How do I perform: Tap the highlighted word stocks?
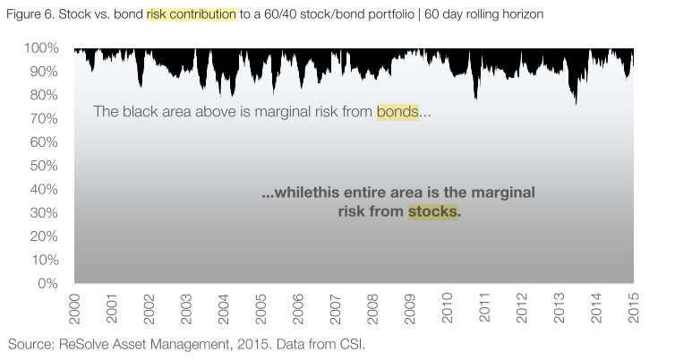433,212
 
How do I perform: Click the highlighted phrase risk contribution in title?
192,14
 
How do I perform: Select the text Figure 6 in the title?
30,14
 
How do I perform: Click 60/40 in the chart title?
282,14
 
